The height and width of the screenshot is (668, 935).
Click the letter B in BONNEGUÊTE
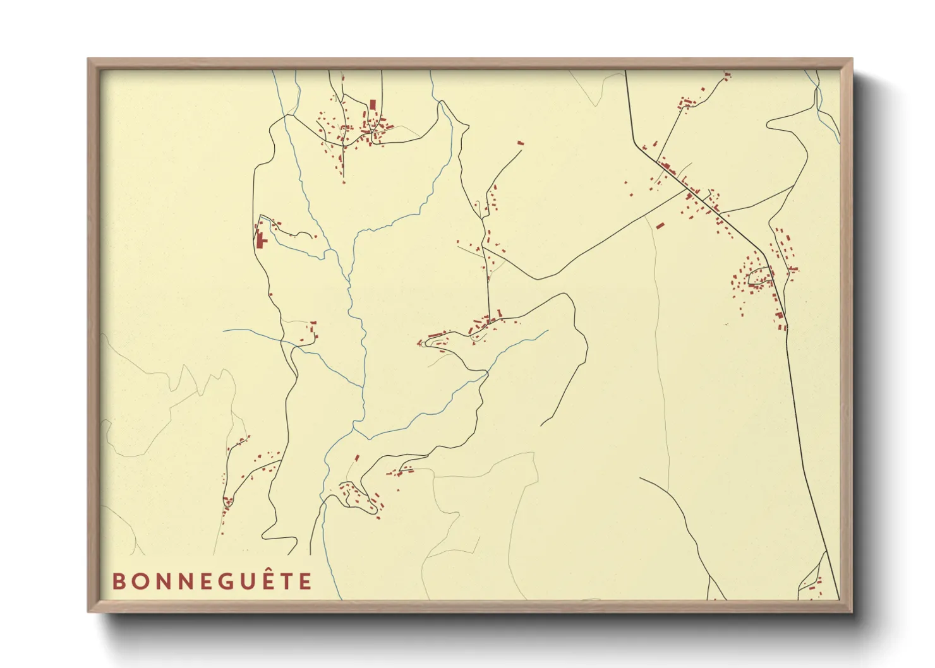[118, 581]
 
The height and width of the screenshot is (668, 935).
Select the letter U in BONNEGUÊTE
[241, 581]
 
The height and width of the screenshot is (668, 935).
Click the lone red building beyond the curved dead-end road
[521, 143]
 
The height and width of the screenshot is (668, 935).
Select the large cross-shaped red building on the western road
[260, 241]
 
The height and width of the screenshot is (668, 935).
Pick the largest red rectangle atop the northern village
[373, 104]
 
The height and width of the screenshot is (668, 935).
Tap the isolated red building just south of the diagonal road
[660, 225]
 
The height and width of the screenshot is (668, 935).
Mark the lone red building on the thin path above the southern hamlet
[357, 457]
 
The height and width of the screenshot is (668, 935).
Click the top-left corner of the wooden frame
[89, 59]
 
